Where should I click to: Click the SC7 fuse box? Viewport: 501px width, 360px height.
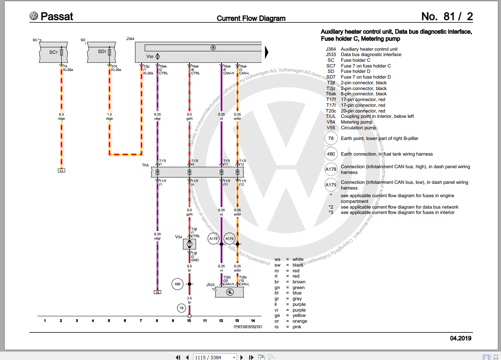53,52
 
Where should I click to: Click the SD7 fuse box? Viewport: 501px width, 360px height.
101,52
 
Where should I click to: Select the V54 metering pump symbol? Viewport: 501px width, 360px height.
189,244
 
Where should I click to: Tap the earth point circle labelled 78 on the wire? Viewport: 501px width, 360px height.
182,308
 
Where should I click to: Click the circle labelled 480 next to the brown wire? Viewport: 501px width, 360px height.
177,284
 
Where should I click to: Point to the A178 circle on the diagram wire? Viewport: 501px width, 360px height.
213,239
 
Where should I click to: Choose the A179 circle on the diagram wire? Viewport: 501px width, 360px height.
229,239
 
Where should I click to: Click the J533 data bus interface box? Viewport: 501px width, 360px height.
229,292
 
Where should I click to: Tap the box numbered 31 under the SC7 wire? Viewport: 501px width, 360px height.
61,170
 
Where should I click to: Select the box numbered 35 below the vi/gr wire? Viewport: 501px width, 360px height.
157,292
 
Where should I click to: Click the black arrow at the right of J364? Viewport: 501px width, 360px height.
267,52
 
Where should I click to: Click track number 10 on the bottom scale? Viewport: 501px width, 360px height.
189,321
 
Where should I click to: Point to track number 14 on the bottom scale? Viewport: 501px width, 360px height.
253,321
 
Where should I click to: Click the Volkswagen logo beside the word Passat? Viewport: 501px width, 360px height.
34,16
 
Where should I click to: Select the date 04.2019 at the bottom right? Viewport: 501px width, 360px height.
461,338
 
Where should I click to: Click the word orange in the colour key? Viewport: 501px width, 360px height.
300,321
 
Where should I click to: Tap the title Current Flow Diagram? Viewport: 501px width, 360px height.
251,18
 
